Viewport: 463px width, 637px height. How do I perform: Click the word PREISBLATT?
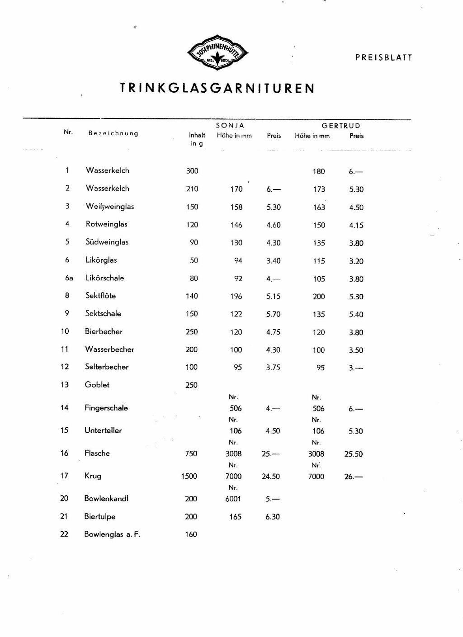[383, 57]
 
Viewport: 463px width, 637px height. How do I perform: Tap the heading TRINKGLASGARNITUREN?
[217, 88]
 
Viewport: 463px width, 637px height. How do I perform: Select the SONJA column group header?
[230, 125]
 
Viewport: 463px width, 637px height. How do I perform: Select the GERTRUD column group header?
[341, 126]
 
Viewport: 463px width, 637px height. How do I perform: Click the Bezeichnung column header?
[113, 133]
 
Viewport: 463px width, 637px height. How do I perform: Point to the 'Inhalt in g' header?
[197, 139]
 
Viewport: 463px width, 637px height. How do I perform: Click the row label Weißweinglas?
[110, 206]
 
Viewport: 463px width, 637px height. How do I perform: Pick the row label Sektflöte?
[101, 296]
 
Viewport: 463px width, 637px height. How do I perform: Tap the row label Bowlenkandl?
[106, 498]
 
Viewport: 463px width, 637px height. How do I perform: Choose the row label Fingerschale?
[106, 408]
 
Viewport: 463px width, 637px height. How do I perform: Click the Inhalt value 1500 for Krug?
[189, 476]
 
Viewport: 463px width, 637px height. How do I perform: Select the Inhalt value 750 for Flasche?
[191, 453]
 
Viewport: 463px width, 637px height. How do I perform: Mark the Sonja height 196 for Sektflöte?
[236, 296]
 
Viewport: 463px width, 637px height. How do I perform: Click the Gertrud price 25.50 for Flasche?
[353, 454]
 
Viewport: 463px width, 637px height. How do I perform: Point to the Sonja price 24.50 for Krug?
[271, 476]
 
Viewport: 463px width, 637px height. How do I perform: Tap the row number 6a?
[69, 278]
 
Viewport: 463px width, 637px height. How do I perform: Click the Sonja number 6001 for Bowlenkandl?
[233, 499]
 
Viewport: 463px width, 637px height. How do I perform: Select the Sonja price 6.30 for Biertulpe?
[273, 517]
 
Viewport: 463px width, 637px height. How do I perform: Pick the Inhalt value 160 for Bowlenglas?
[191, 534]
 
